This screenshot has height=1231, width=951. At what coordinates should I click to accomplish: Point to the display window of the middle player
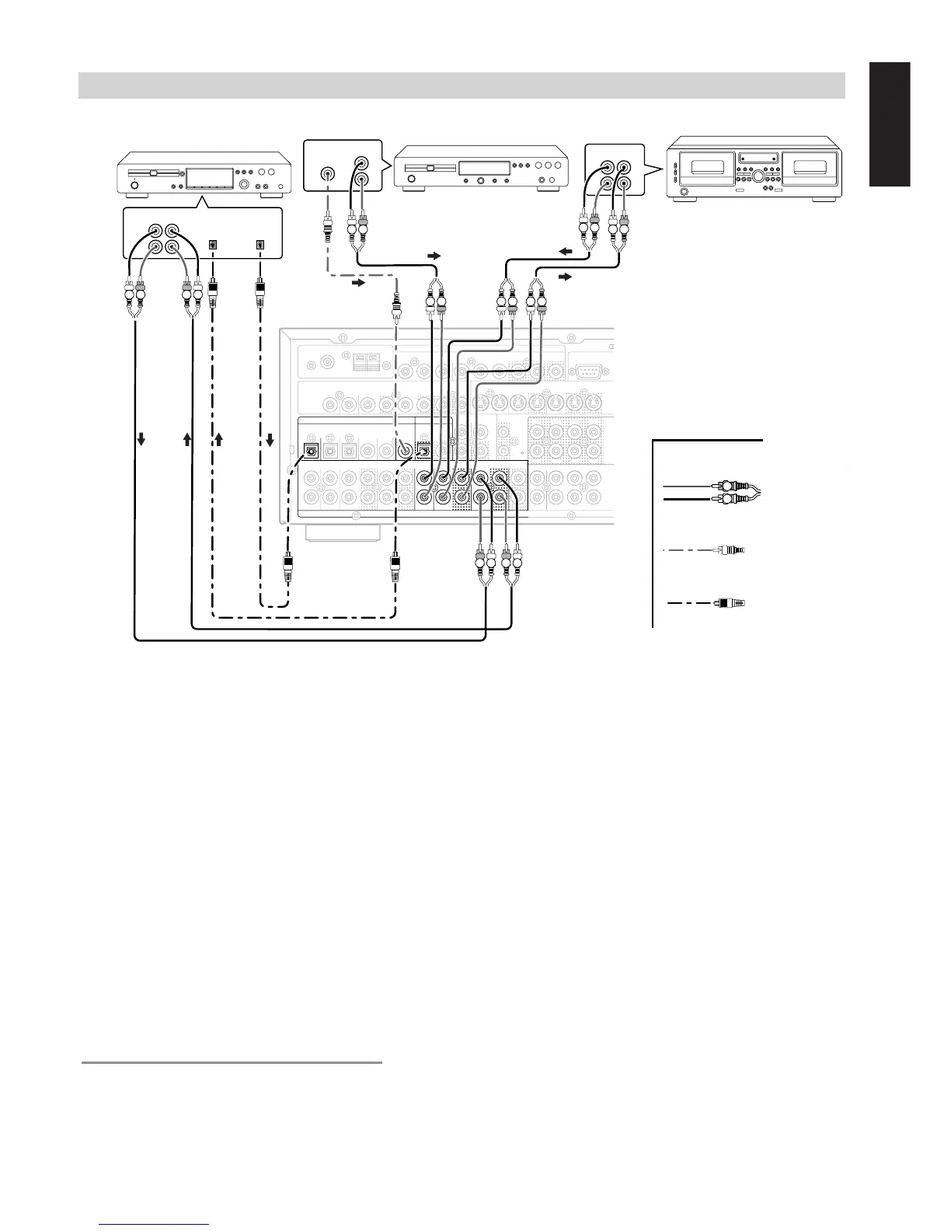483,168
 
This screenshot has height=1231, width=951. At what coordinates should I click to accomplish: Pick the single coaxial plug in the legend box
730,551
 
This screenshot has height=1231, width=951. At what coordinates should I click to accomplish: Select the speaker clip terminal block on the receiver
366,363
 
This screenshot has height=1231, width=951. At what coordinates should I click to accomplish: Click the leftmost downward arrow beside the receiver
141,440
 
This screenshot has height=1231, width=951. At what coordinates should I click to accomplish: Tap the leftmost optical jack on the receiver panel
311,450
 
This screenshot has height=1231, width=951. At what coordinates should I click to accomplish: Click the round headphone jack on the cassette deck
684,192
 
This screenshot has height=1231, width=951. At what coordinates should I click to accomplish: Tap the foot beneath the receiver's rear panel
343,532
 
